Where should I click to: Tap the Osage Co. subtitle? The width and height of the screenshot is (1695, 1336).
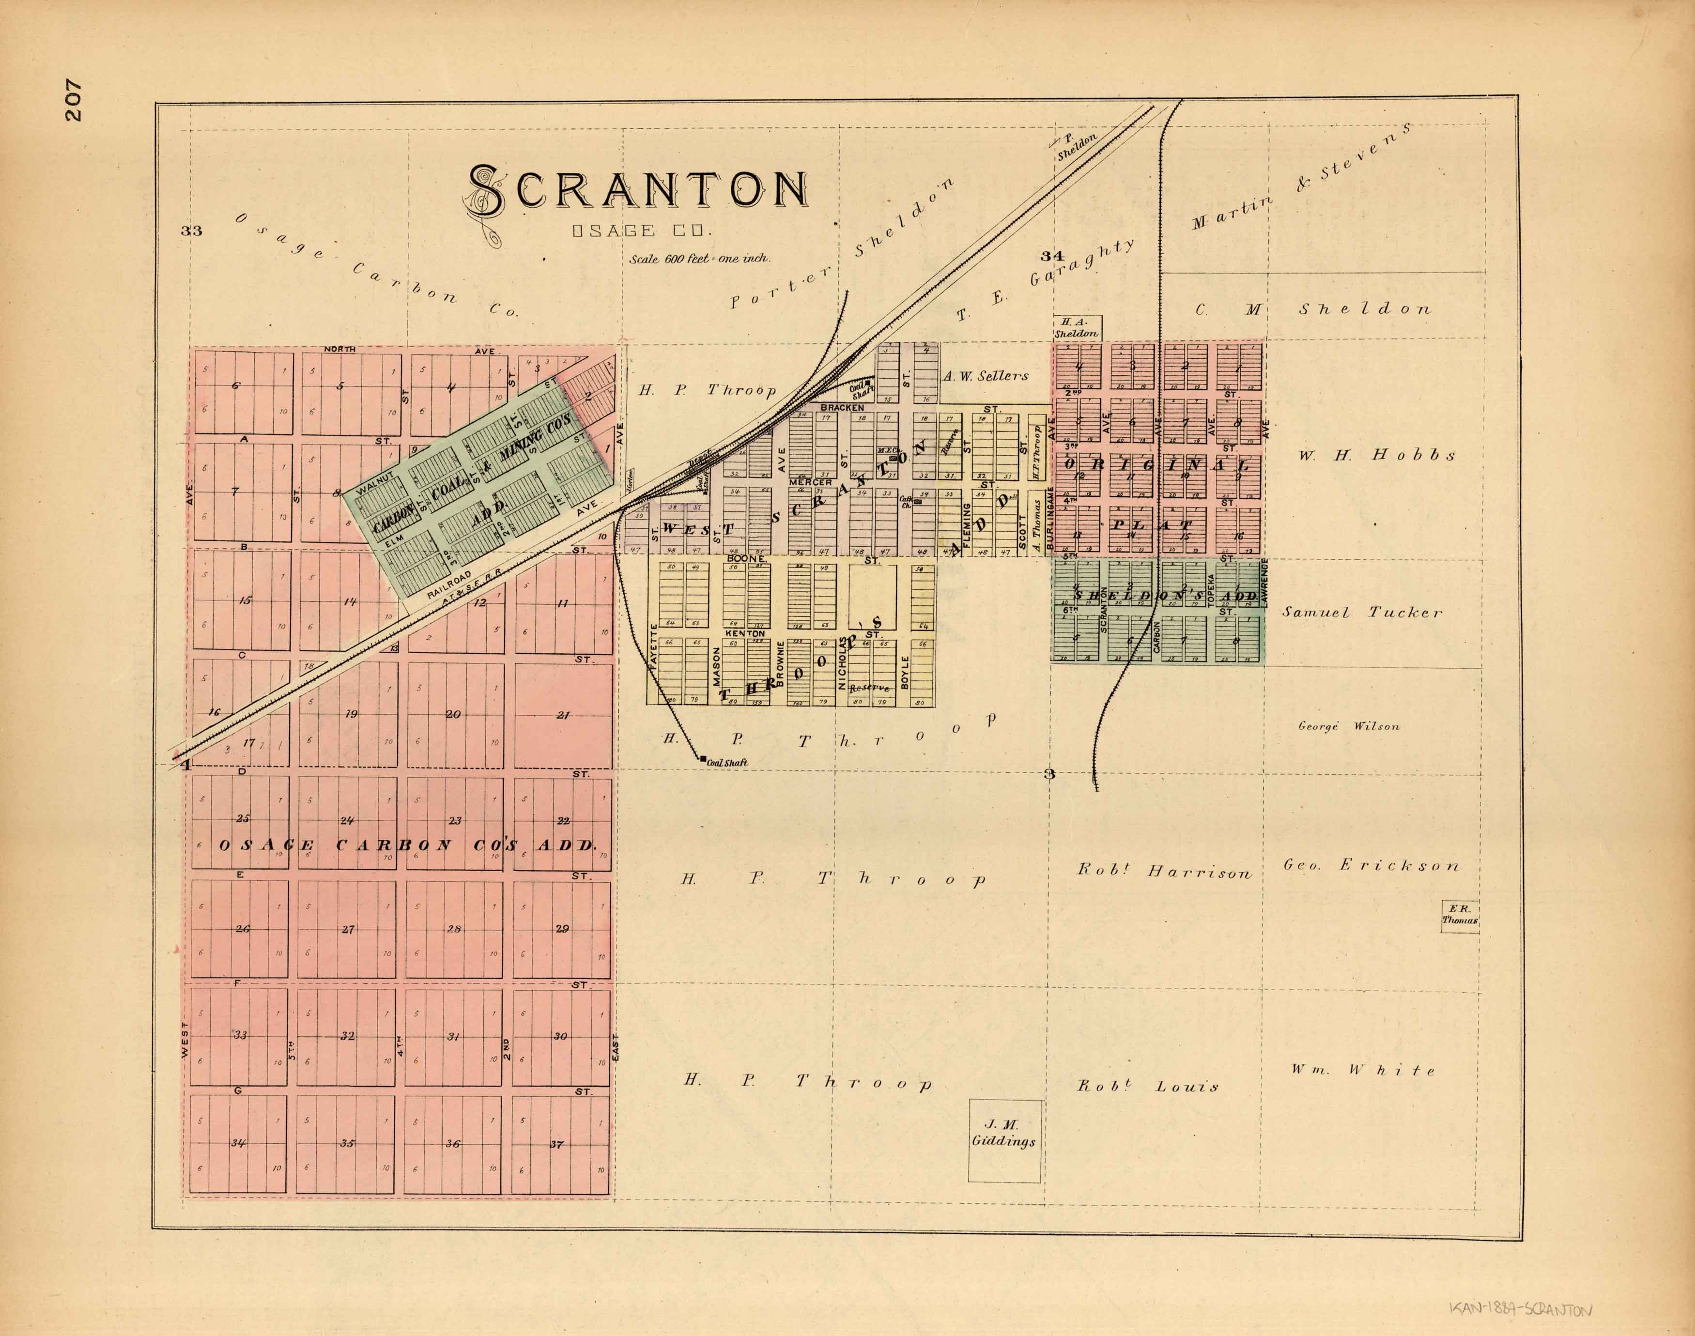pyautogui.click(x=641, y=231)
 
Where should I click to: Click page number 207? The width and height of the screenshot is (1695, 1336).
pyautogui.click(x=74, y=99)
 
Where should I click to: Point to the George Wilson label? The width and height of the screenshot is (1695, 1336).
pyautogui.click(x=1348, y=726)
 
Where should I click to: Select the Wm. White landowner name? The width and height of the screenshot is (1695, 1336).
pyautogui.click(x=1363, y=1070)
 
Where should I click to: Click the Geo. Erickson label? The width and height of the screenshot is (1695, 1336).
pyautogui.click(x=1371, y=865)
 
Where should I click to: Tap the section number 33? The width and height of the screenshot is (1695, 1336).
pyautogui.click(x=192, y=230)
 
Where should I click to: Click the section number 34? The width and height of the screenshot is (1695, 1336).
pyautogui.click(x=1052, y=256)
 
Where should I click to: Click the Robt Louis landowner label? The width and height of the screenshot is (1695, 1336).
pyautogui.click(x=1147, y=1086)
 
